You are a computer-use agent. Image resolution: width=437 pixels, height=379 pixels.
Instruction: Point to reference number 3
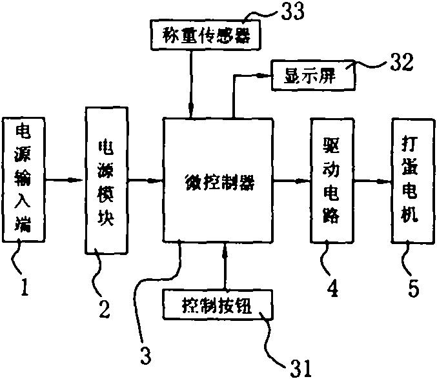[147, 353]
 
